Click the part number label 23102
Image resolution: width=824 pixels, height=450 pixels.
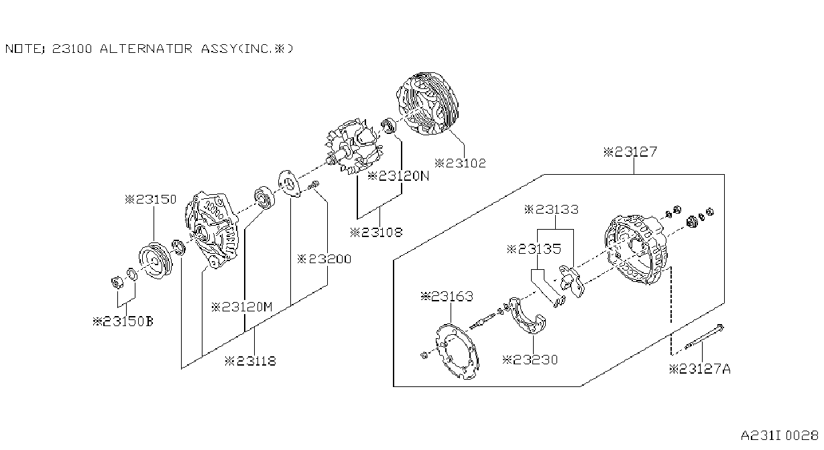(x=460, y=163)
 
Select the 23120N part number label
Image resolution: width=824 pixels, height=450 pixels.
(x=398, y=176)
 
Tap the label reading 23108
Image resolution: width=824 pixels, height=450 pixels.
(x=376, y=232)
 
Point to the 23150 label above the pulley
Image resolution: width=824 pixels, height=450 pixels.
(x=151, y=200)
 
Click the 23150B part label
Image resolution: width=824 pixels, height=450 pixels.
(x=123, y=322)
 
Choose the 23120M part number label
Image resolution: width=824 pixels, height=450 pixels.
(x=242, y=307)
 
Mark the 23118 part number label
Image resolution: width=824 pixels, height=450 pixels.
(x=251, y=361)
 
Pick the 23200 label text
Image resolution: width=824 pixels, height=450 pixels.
(x=324, y=259)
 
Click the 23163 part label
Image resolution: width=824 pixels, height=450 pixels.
(x=447, y=297)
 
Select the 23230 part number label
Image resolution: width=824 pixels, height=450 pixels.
(x=530, y=360)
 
